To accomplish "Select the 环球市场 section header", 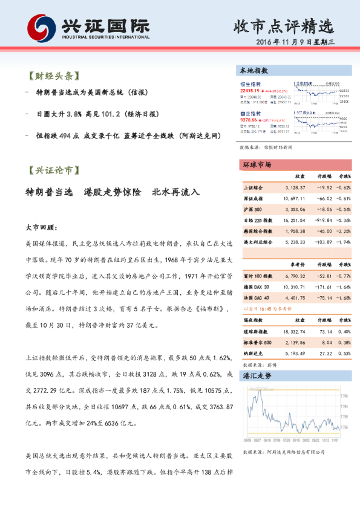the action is [257, 165].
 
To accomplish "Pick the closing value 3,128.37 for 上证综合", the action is [295, 189].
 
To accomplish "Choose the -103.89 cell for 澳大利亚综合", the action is [322, 242].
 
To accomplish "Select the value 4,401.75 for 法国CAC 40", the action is [295, 297].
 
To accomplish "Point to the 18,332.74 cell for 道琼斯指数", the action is [293, 332].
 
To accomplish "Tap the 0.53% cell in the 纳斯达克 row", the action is [344, 354].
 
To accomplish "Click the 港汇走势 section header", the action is [257, 376].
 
